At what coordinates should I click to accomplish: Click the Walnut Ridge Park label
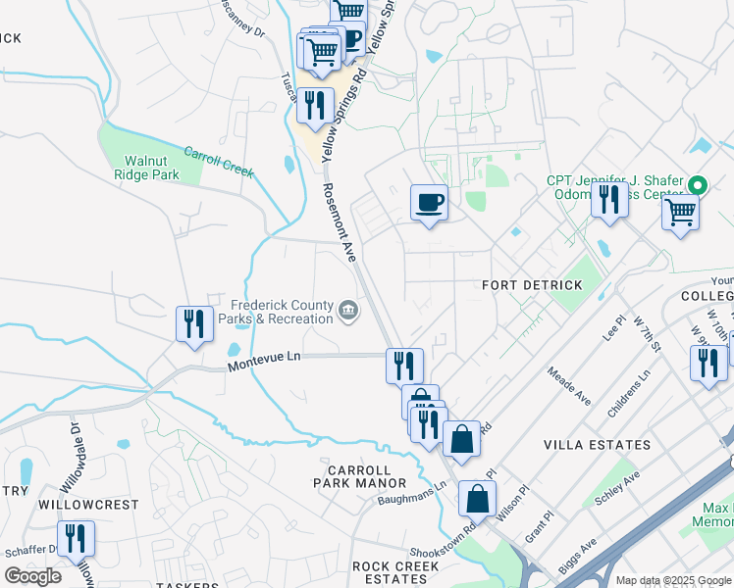pos(151,168)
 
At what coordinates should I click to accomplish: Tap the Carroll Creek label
pos(217,164)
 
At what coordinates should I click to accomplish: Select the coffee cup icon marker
pos(429,204)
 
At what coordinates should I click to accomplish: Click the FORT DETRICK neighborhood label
pos(532,285)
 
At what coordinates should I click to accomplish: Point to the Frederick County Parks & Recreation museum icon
pos(348,312)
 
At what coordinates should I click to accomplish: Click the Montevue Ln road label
pos(262,362)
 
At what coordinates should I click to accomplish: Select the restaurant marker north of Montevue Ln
pos(194,324)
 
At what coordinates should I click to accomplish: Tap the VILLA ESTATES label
pos(597,445)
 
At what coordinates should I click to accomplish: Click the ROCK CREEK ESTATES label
pos(395,572)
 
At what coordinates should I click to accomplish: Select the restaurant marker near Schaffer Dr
pos(76,539)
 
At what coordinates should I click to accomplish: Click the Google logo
pos(32,576)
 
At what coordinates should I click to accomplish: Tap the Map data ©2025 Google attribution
pos(673,580)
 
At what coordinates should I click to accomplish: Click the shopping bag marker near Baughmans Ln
pos(477,499)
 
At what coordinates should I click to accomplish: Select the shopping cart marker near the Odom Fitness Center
pos(680,212)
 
